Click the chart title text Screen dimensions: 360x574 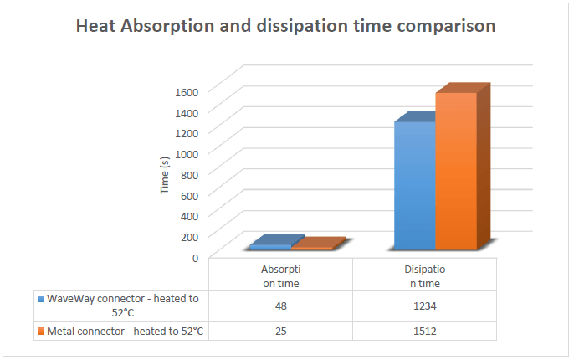tap(286, 27)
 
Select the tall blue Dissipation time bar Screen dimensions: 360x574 tap(414, 186)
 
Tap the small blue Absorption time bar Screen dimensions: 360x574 tap(271, 246)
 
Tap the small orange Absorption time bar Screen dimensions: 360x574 tap(311, 248)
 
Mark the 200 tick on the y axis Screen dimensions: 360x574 tap(189, 236)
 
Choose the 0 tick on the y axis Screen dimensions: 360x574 tap(194, 257)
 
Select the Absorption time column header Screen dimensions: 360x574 tap(280, 275)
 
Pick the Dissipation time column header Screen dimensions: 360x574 tap(423, 275)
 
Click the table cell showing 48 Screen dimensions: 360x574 tap(280, 306)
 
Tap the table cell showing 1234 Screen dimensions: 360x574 tap(423, 306)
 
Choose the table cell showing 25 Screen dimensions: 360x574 tap(280, 331)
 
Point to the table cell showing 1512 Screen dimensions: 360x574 tap(423, 331)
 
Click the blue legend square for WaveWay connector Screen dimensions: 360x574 tap(41, 299)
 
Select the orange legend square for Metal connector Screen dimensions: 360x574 tap(41, 331)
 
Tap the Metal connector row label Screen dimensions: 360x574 tap(126, 331)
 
